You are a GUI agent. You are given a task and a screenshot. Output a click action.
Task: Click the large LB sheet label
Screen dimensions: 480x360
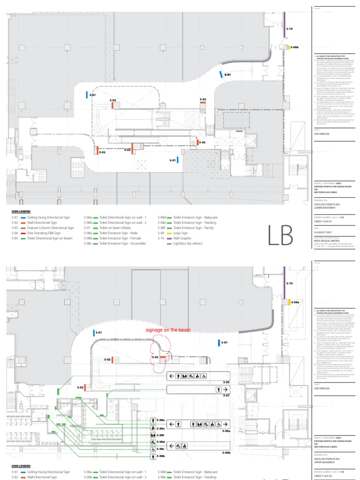tap(280, 235)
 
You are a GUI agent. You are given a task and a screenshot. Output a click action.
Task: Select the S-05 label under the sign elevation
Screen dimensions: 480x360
tap(226, 382)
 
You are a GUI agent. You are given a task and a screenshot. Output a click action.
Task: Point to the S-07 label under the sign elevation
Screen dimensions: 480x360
tap(226, 395)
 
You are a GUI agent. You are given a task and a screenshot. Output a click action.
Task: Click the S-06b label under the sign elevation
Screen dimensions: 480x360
tap(226, 452)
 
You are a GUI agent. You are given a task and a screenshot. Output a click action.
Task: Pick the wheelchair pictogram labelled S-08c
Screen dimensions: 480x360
tap(153, 448)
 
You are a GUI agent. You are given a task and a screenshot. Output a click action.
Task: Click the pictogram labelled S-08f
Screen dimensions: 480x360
tap(153, 435)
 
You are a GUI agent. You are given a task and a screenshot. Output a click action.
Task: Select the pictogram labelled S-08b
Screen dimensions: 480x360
tap(153, 455)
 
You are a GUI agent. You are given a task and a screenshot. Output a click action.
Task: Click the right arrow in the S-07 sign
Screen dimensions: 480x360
tap(225, 389)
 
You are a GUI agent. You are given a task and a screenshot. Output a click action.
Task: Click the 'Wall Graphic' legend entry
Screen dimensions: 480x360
tap(183, 238)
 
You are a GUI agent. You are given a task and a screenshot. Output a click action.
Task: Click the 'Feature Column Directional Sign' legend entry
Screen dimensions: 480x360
tap(51, 227)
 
